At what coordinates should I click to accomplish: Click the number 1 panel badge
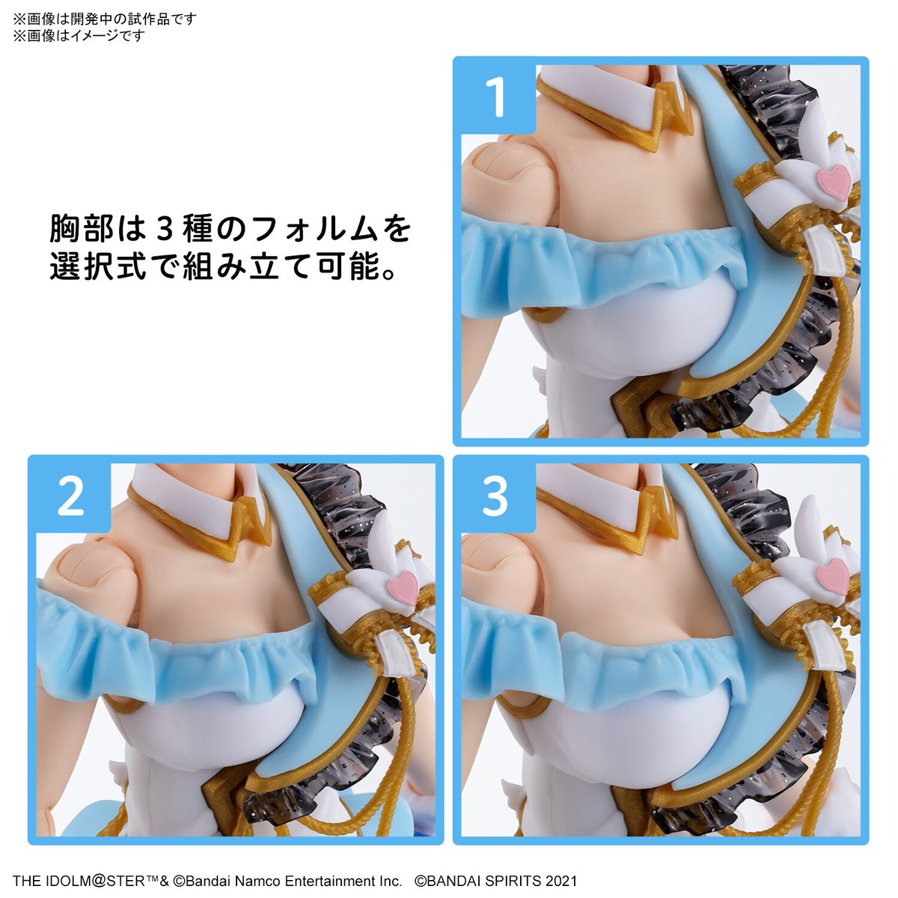495,98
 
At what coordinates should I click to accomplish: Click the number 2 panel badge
70,496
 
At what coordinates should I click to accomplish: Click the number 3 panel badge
495,496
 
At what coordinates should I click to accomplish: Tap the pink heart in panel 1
834,182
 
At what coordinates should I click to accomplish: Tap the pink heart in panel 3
832,575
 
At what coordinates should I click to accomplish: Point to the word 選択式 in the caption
97,267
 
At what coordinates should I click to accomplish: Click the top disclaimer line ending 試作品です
105,19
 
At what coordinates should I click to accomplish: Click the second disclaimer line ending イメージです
79,35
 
